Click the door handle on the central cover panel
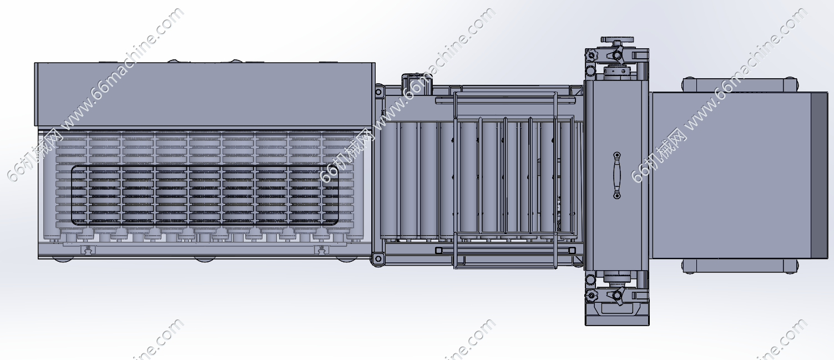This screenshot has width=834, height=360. pyautogui.click(x=617, y=175)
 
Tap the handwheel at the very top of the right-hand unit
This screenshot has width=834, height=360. pyautogui.click(x=616, y=39)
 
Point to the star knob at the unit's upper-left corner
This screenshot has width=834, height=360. pyautogui.click(x=591, y=56)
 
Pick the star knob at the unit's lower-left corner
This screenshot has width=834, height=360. pyautogui.click(x=591, y=296)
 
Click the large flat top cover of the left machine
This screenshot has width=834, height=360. pyautogui.click(x=205, y=94)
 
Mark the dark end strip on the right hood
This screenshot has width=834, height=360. pyautogui.click(x=819, y=175)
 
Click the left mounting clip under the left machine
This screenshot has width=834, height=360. pyautogui.click(x=88, y=250)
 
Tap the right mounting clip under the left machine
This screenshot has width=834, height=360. pyautogui.click(x=320, y=250)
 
